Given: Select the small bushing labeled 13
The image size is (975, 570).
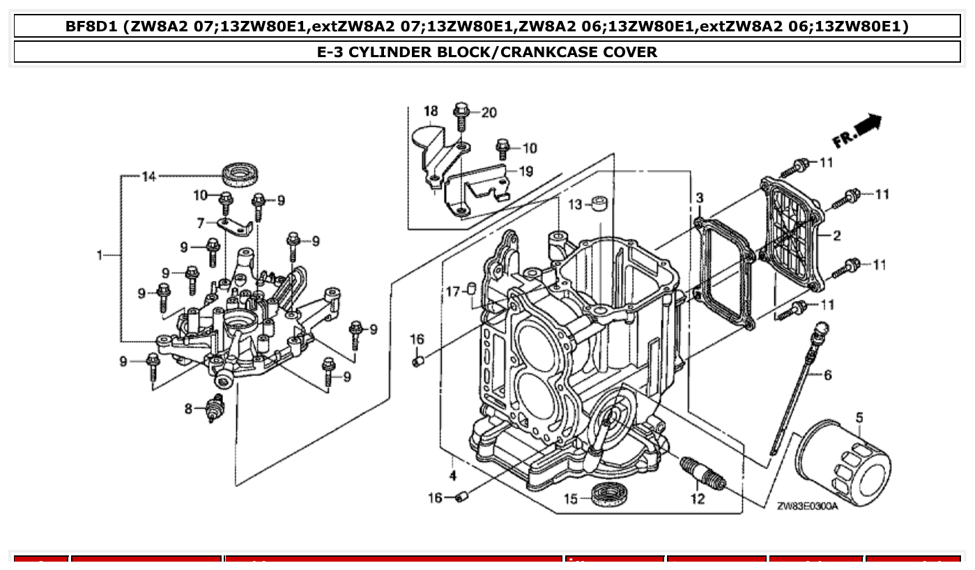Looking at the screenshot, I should point(600,203).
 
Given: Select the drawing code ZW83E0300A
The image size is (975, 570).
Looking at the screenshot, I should point(807,506).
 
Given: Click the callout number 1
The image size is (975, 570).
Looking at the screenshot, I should point(100,256).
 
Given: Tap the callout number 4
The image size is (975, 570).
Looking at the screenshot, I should point(452,476).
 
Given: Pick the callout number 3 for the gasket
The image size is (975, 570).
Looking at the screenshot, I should point(699,199).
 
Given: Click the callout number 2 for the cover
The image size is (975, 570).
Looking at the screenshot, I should point(836,236).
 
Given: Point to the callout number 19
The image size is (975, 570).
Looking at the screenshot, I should point(526,171).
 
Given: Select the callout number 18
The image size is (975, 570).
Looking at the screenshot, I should point(431,111).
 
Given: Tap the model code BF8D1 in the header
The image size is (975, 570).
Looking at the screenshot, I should point(91,26).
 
